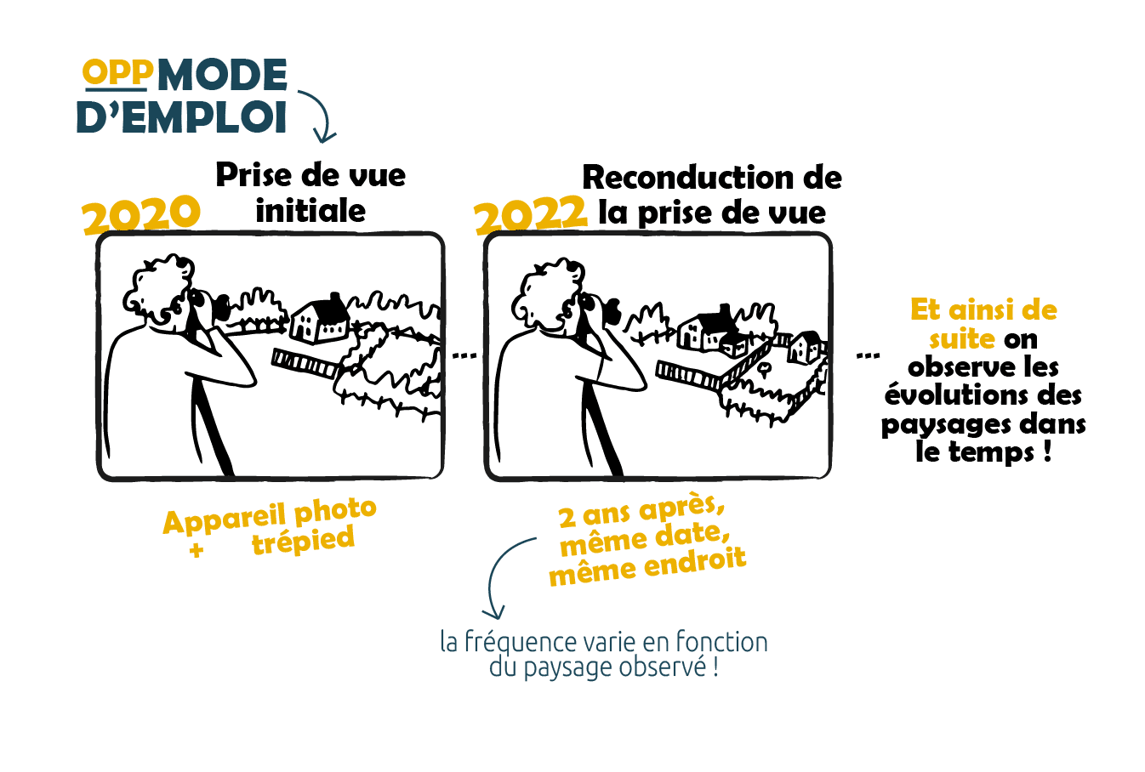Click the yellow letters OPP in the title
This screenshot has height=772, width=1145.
point(117,72)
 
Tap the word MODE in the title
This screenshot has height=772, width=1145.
point(222,75)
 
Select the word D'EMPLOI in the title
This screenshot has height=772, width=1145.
point(181,117)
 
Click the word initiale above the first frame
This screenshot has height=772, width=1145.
point(310,210)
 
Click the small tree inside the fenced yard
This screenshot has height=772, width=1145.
point(764,369)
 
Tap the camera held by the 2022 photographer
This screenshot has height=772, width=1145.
point(604,309)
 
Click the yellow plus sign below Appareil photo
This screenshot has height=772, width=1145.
point(197,550)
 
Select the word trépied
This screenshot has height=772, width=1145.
point(303,540)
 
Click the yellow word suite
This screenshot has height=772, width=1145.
point(961,338)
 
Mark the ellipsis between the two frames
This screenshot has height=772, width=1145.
point(464,355)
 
